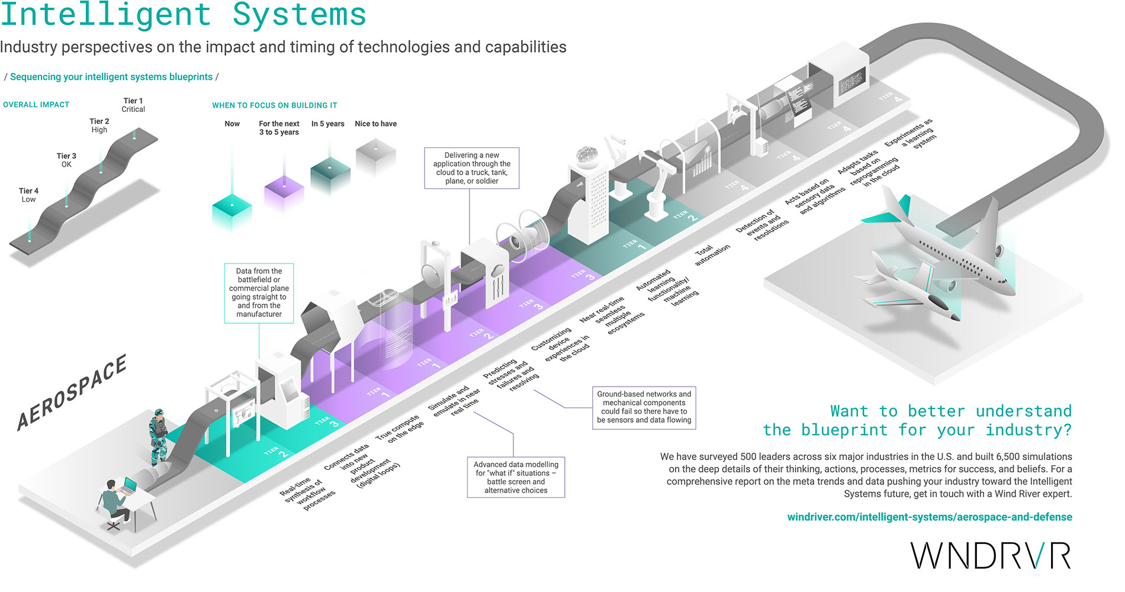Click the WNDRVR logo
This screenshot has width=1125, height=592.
991,555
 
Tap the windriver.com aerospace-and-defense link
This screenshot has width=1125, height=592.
929,517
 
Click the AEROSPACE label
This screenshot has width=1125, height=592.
72,392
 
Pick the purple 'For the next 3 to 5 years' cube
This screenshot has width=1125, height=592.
284,195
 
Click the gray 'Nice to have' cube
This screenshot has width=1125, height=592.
375,156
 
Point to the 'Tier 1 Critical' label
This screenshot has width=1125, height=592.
133,105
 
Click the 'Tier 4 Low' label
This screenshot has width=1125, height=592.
28,195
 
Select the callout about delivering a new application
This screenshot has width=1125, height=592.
471,168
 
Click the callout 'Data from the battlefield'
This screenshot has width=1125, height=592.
259,292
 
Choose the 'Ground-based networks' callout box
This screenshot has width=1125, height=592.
644,407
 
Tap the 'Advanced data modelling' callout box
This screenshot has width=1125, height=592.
516,477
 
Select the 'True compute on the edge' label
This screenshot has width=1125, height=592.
400,429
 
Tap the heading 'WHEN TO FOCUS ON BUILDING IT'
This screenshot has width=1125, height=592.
275,105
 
